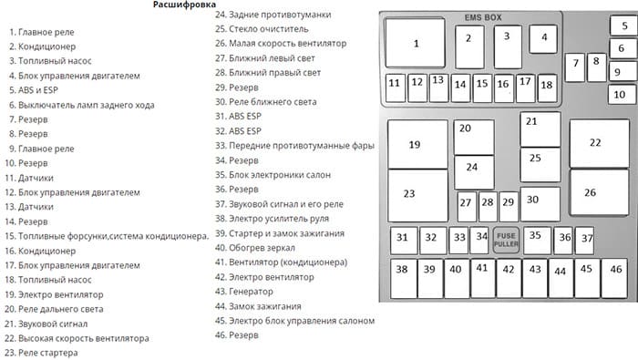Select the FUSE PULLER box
tap(505, 240)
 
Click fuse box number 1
tap(416, 44)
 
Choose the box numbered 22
tap(599, 142)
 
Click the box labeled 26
tap(599, 191)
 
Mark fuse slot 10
tap(620, 93)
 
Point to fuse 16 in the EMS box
tap(502, 86)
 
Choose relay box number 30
tap(540, 201)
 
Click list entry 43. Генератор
tap(244, 291)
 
